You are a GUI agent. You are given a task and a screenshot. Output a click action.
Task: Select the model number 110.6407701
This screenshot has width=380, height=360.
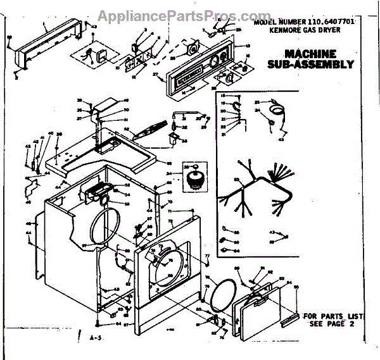(x=324, y=23)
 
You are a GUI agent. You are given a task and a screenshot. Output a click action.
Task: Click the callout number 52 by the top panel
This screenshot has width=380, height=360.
(x=126, y=128)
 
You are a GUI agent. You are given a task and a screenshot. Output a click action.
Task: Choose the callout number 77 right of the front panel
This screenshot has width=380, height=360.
(x=206, y=254)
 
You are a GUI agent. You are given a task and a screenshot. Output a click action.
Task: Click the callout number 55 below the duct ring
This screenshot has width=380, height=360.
(x=126, y=204)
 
